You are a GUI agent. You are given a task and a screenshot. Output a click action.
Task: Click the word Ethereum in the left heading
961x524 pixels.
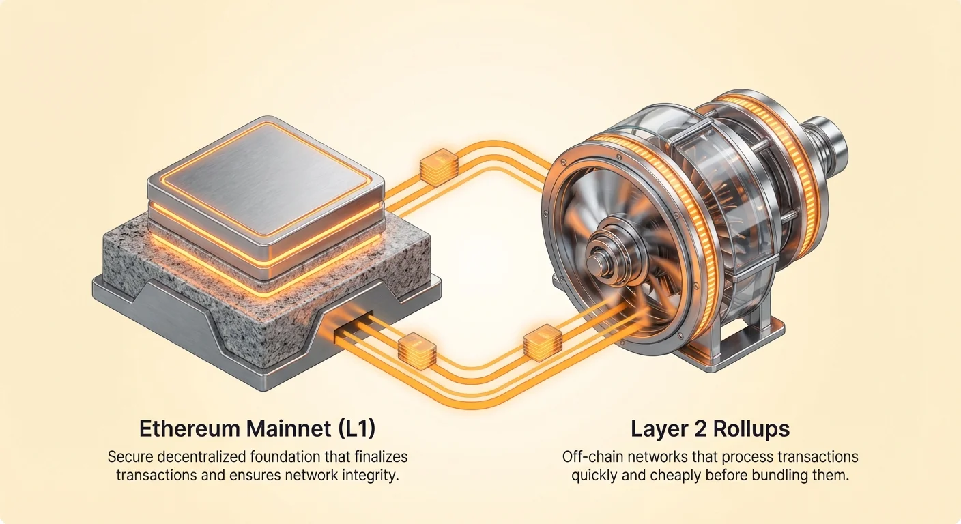(x=190, y=428)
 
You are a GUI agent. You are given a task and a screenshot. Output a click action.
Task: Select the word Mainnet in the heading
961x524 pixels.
(x=289, y=428)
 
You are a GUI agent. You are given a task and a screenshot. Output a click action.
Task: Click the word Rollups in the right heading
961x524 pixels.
(x=749, y=429)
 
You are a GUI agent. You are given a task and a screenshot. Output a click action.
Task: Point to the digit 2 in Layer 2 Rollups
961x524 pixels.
(x=699, y=428)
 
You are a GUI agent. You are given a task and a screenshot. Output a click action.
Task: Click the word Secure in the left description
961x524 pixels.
(x=130, y=456)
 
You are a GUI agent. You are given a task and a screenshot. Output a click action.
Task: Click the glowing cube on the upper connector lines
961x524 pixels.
(x=439, y=167)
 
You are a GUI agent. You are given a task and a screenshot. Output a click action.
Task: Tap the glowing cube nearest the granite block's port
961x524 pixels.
(x=417, y=351)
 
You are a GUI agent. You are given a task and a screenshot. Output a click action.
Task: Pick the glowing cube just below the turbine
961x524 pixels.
(x=543, y=343)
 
